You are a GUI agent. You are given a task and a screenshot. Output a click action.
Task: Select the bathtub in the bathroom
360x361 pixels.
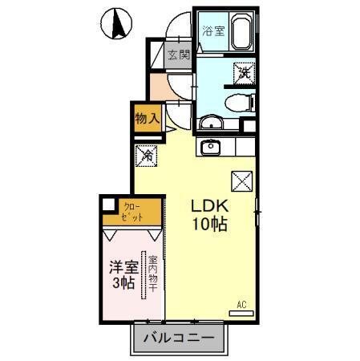click(241, 33)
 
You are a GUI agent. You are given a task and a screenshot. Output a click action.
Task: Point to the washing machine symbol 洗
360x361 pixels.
click(243, 73)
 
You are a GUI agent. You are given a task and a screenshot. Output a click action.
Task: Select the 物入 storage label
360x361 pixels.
click(147, 118)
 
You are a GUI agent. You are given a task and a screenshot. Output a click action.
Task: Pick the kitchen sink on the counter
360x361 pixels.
click(212, 148)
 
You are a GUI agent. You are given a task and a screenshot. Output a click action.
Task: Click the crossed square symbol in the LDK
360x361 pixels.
click(241, 181)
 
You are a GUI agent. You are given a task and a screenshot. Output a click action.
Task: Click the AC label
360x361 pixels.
click(241, 304)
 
